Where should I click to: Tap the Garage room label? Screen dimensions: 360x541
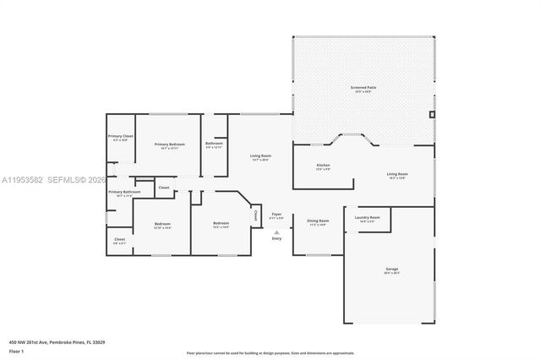pyautogui.click(x=391, y=270)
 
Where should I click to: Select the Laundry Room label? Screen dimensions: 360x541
pyautogui.click(x=367, y=217)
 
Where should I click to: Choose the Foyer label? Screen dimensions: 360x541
pyautogui.click(x=276, y=215)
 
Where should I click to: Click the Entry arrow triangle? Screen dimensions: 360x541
pyautogui.click(x=276, y=231)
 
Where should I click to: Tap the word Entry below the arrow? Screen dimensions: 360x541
pyautogui.click(x=276, y=238)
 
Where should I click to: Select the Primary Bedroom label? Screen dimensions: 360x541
pyautogui.click(x=169, y=145)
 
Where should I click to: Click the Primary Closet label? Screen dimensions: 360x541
pyautogui.click(x=121, y=136)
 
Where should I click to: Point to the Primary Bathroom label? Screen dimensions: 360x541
pyautogui.click(x=123, y=192)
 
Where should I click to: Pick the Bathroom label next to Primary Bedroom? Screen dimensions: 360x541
pyautogui.click(x=214, y=144)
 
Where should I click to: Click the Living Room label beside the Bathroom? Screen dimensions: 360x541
pyautogui.click(x=260, y=156)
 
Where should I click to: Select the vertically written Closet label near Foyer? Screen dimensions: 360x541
pyautogui.click(x=256, y=216)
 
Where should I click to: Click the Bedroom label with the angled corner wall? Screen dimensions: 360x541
pyautogui.click(x=221, y=224)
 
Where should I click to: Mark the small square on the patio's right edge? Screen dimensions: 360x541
pyautogui.click(x=432, y=113)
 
